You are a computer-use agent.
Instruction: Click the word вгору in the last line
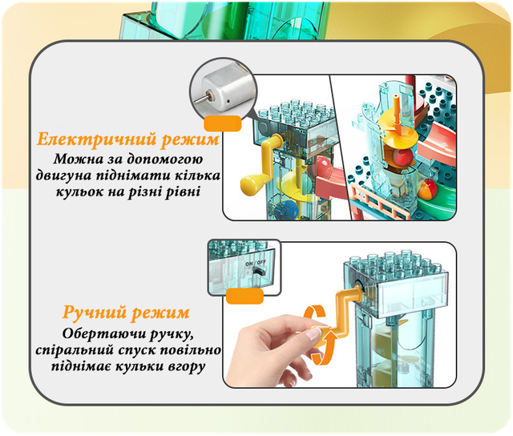187,366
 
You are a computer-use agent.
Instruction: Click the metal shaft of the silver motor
202,99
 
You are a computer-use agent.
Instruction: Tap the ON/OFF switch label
256,263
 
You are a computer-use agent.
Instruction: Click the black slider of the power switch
259,271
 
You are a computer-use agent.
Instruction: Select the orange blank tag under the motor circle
223,123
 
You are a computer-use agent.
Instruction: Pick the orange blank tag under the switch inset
244,296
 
